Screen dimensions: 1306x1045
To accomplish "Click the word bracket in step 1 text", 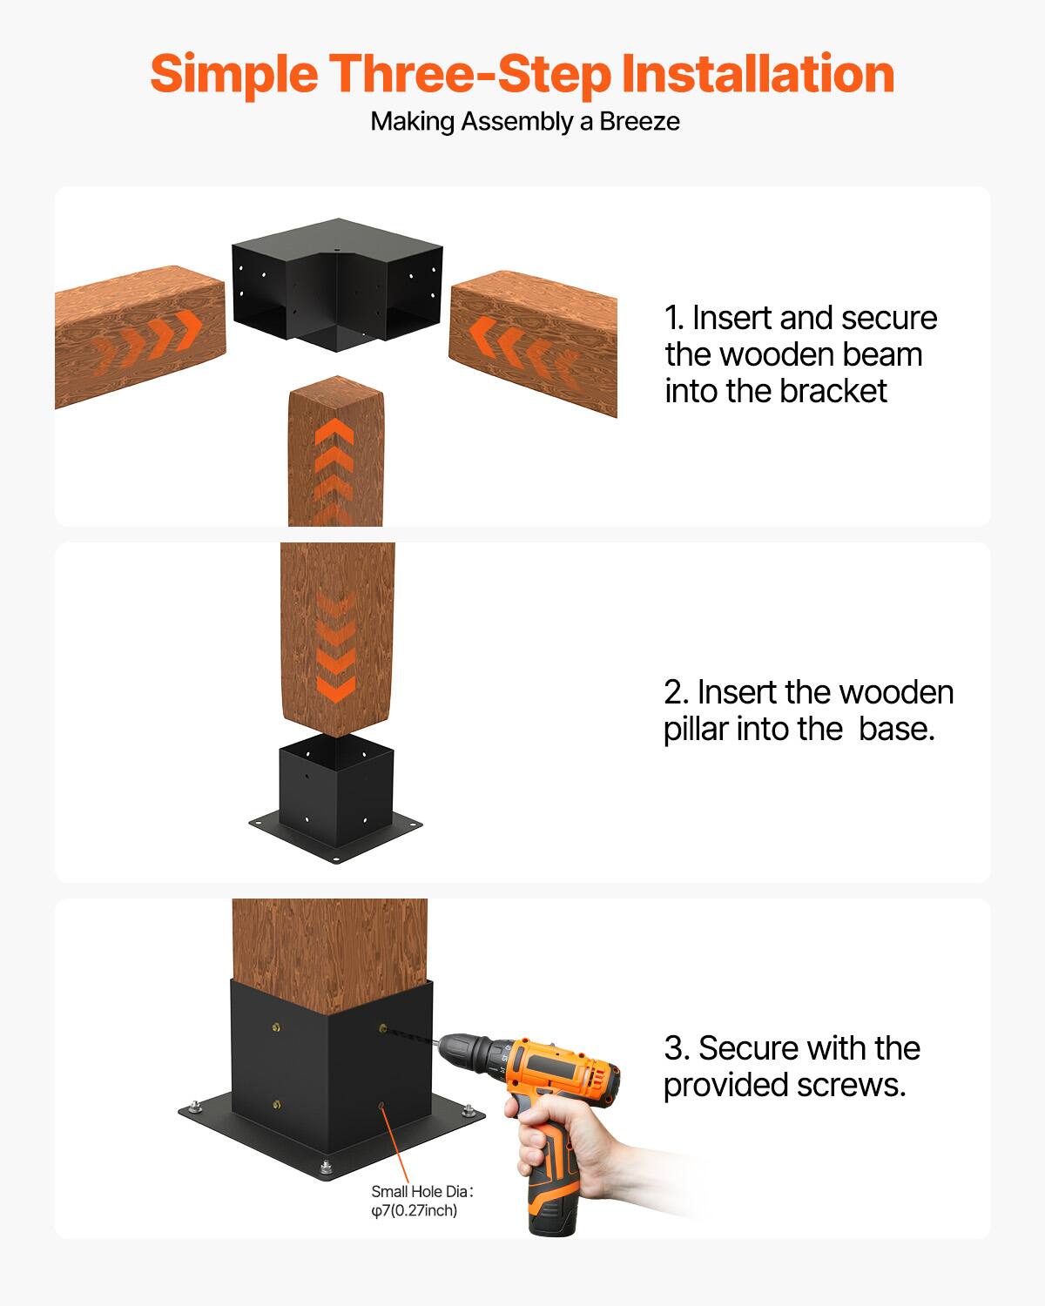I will (832, 392).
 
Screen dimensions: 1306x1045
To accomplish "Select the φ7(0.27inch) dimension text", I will (414, 1211).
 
